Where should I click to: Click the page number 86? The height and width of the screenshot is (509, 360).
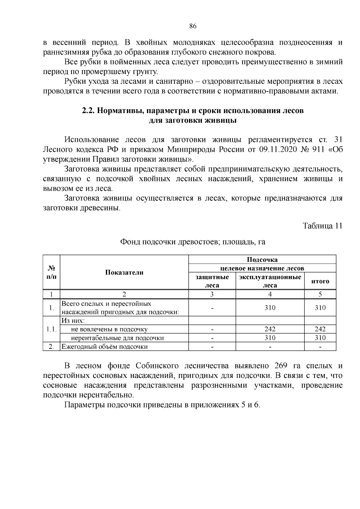pos(193,26)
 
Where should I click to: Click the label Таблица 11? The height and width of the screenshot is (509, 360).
pos(322,226)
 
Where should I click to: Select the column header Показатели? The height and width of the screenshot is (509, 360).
pos(124,272)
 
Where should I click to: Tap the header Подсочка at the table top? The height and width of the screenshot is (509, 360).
pos(262,259)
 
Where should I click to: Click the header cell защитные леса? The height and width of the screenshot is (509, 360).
pos(212,281)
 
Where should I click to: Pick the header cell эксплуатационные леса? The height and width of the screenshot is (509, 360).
pos(270,281)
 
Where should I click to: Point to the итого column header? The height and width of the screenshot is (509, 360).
pos(320,281)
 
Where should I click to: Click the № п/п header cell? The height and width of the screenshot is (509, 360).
pos(52,272)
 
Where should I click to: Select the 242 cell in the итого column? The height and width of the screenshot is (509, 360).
pos(320,329)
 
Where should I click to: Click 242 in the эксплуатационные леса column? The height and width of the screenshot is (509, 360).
pos(270,329)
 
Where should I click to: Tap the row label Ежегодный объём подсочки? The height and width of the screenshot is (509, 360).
pos(105,347)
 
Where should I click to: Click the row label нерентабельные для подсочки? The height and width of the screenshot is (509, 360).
pos(117,338)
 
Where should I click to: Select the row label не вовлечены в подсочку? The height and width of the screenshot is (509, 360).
pos(109,329)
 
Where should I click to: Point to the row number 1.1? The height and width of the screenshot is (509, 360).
pos(52,329)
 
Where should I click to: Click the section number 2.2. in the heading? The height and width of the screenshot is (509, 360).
pos(88,111)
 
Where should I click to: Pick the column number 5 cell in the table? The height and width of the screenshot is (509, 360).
pos(320,294)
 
